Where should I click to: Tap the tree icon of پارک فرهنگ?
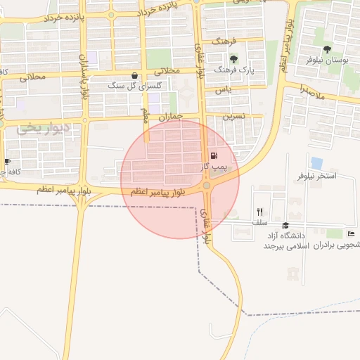click(x=234, y=58)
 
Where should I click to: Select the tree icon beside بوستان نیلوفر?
click(x=328, y=49)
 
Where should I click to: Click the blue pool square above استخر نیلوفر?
click(x=316, y=163)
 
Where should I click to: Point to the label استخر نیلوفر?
click(x=318, y=176)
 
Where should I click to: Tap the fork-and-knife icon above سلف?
click(x=259, y=212)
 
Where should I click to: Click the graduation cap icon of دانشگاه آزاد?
click(x=285, y=226)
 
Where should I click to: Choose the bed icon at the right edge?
click(x=351, y=234)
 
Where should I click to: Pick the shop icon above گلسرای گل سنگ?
click(x=134, y=75)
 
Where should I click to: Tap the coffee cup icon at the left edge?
click(x=7, y=162)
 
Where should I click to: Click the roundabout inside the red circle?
click(x=206, y=186)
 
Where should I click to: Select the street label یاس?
click(x=224, y=90)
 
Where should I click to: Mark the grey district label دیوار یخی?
click(x=44, y=128)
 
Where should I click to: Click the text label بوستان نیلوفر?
click(x=328, y=60)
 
